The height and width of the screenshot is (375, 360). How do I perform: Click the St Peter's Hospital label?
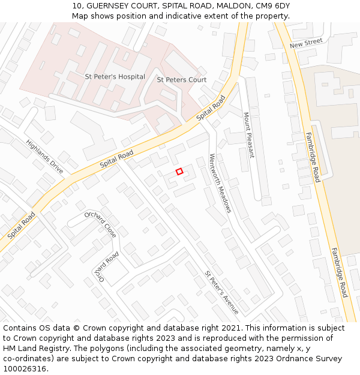115,77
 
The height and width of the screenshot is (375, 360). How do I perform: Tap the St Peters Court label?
181,80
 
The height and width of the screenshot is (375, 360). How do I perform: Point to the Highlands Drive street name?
44,157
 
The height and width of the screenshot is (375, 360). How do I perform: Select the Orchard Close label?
101,224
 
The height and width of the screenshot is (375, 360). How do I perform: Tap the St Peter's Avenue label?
221,292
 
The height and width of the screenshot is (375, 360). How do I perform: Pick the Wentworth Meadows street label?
220,183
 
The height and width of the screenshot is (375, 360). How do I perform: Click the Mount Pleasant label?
248,135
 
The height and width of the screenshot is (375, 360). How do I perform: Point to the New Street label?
305,43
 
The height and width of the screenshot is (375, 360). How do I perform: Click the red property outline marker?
179,172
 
